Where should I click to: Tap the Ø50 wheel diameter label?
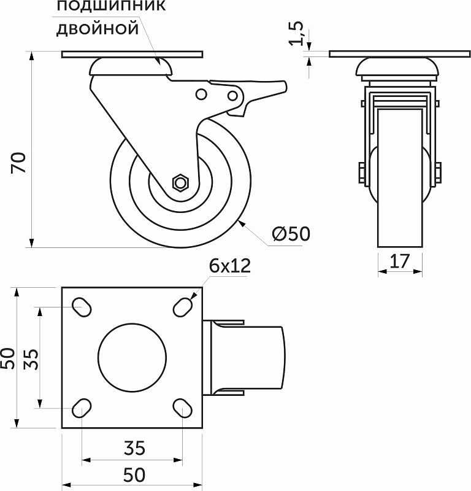[x=290, y=233]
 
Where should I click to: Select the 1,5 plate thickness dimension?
[x=297, y=34]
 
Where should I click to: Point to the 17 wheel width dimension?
[x=400, y=261]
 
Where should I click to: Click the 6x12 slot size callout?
[x=230, y=266]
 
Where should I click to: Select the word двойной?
[x=98, y=28]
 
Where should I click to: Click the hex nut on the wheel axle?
[x=181, y=182]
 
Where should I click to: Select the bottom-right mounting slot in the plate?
[x=182, y=407]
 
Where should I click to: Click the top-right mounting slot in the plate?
[x=182, y=306]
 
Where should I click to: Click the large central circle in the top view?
[x=132, y=357]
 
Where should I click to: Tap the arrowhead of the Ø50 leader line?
[x=242, y=223]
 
